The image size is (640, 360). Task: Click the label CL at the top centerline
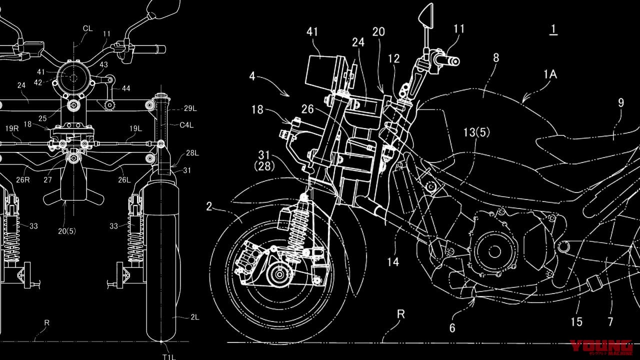click(x=87, y=29)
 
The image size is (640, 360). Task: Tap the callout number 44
click(x=125, y=88)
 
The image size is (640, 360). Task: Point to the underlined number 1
click(x=553, y=30)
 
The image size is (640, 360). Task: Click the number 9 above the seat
click(x=620, y=103)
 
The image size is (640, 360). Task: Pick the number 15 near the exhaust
click(x=576, y=321)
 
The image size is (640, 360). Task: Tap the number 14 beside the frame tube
click(x=393, y=261)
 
